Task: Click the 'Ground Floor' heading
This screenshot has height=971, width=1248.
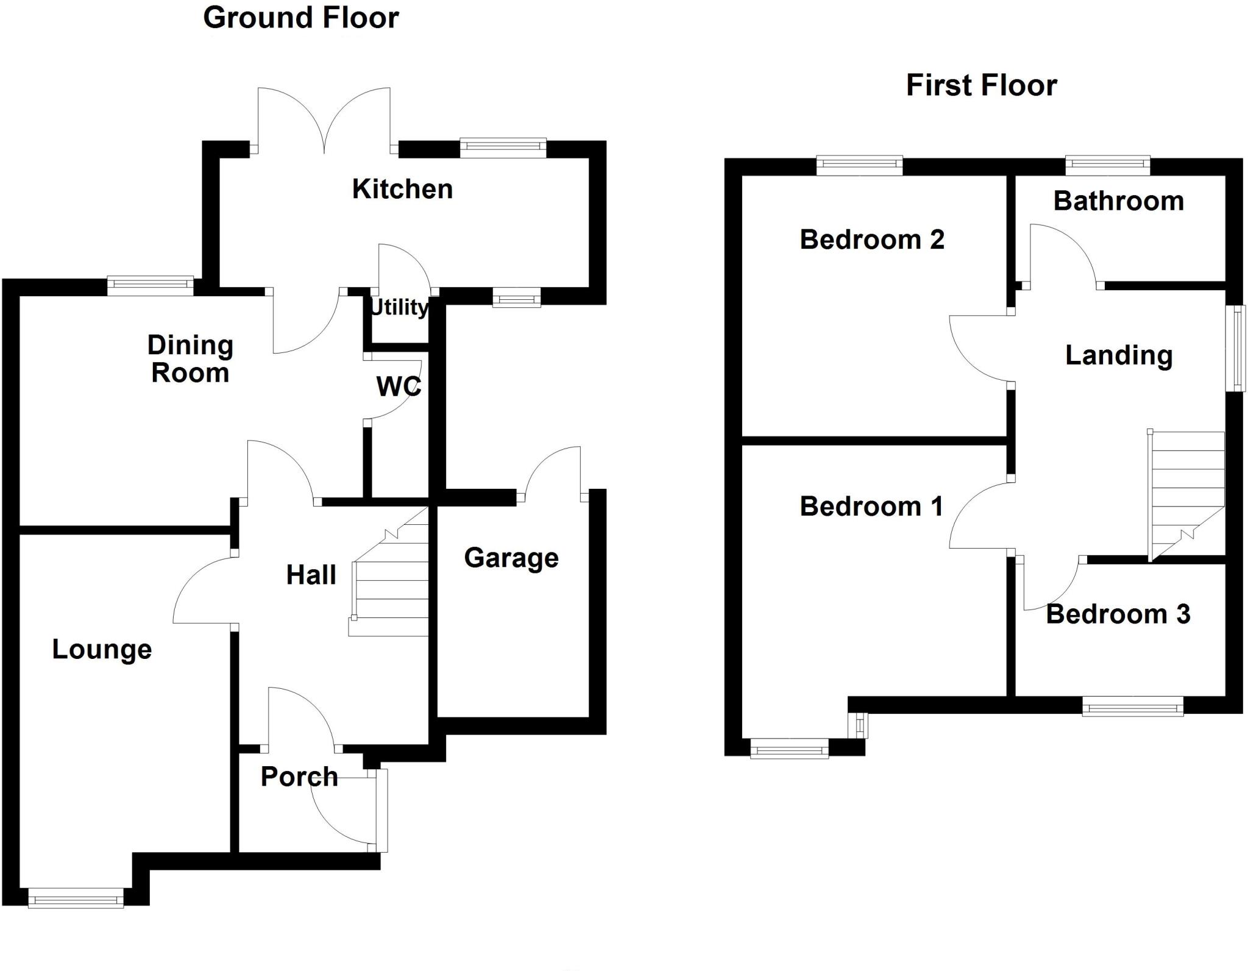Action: [x=301, y=18]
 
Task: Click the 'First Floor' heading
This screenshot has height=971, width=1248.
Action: [x=981, y=85]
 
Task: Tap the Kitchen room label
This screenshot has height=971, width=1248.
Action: [x=402, y=189]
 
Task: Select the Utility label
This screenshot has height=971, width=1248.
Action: [x=399, y=307]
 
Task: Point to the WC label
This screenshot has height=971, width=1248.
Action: [x=399, y=386]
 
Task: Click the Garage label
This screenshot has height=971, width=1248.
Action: [x=511, y=558]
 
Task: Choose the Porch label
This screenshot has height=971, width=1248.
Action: [x=299, y=777]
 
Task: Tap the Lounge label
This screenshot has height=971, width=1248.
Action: [x=102, y=649]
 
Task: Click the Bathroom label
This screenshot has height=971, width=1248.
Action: [x=1118, y=201]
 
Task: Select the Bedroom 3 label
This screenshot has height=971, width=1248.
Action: [x=1118, y=614]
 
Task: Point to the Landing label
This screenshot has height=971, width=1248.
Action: [x=1118, y=355]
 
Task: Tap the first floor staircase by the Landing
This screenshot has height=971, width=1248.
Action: [x=1186, y=494]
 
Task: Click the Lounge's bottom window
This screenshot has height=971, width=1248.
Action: [x=76, y=899]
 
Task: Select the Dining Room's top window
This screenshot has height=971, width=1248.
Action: [x=151, y=285]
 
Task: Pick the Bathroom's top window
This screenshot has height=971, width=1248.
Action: [x=1107, y=165]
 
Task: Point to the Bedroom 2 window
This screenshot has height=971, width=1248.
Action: [x=859, y=165]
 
